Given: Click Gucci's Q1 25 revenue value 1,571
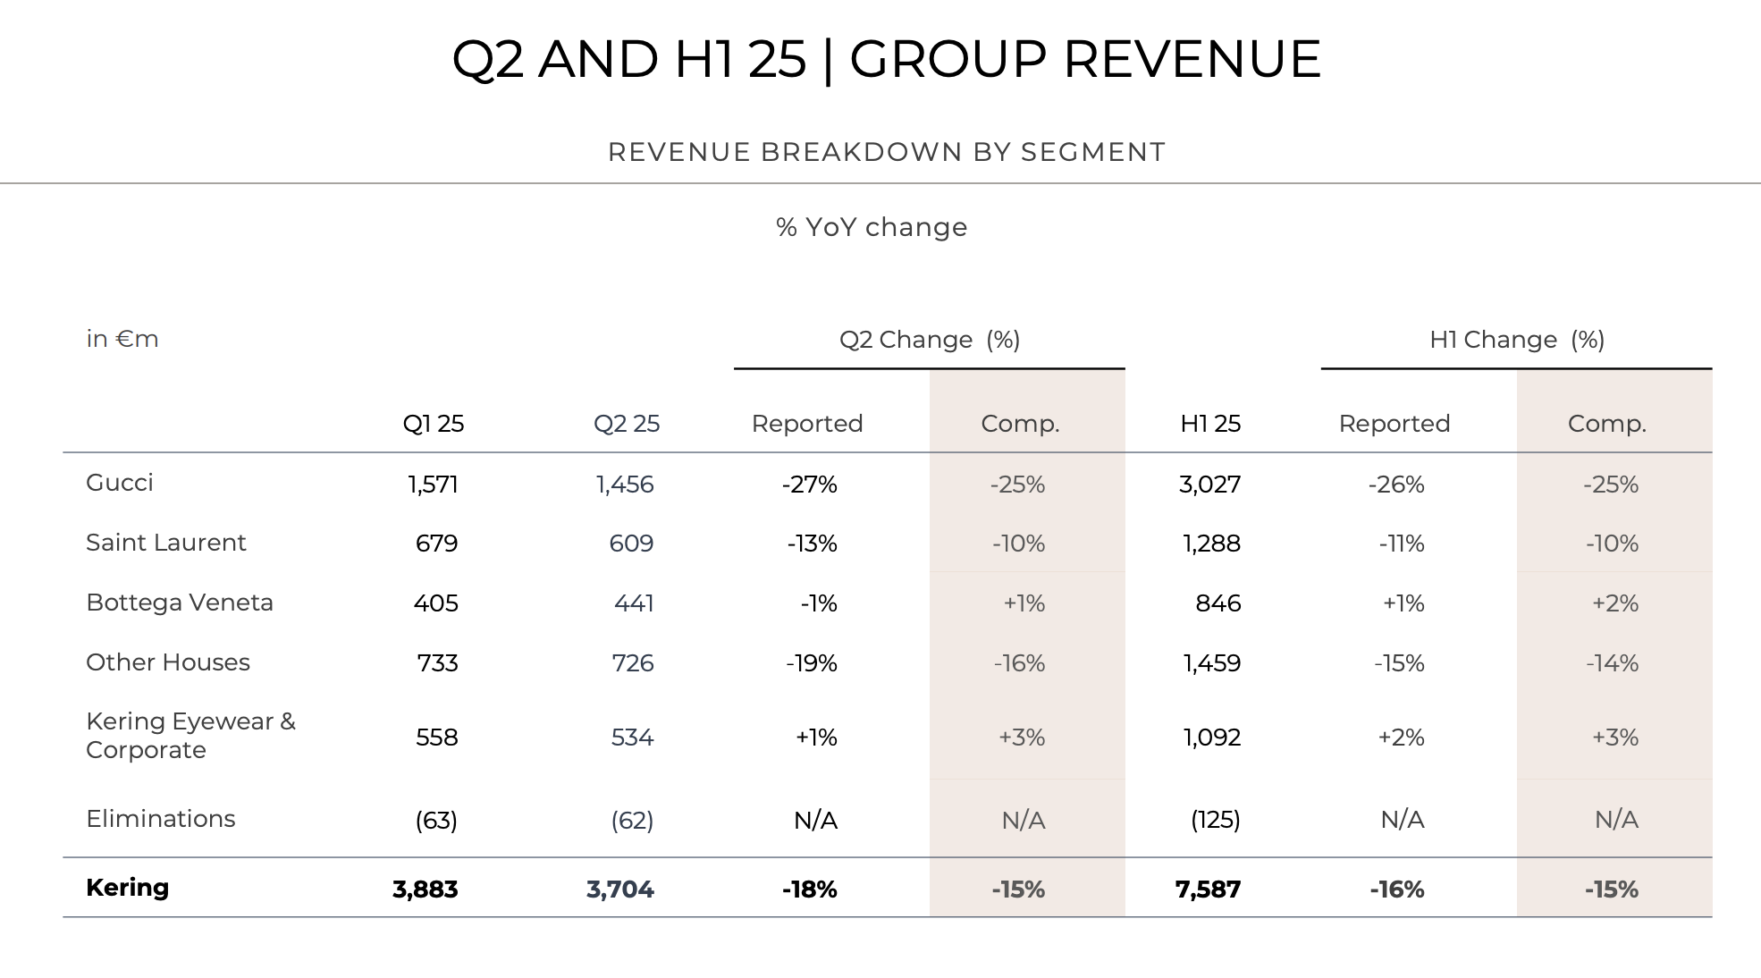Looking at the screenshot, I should tap(433, 485).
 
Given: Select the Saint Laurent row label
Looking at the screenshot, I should tap(165, 543).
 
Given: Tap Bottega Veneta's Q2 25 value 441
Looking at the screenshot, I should tap(634, 603).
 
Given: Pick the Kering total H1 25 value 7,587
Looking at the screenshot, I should tap(1208, 889).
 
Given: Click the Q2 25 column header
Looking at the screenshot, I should tap(626, 424).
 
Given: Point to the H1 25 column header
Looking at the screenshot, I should tap(1210, 424).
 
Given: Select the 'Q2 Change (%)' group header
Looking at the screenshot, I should tap(930, 340).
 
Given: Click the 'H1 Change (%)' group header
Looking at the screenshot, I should tap(1517, 340).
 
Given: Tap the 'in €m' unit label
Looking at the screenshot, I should tap(122, 339).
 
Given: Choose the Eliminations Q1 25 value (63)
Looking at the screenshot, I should tap(436, 820).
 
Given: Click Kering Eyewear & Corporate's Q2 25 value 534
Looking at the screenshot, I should tap(632, 738).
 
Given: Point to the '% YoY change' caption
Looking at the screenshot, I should tap(872, 227).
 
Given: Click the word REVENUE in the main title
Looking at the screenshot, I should tap(1192, 59).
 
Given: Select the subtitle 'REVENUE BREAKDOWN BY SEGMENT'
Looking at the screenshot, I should tap(887, 152).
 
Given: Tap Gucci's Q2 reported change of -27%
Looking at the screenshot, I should tap(809, 485).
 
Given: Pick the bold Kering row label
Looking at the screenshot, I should tap(127, 888).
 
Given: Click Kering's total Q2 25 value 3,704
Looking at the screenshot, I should tap(619, 889).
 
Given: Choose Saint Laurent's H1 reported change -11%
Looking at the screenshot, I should tap(1401, 544).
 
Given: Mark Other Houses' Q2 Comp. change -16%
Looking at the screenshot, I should tap(1019, 663).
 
